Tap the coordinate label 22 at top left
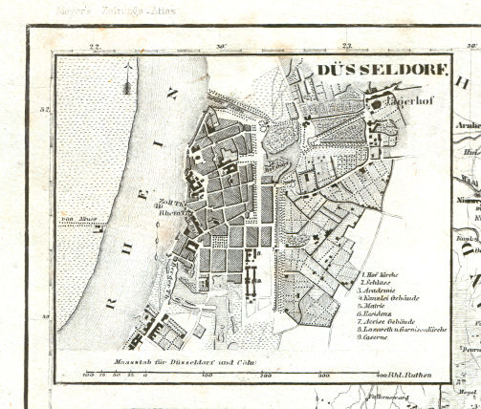tap(95, 46)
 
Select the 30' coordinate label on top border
tap(221, 46)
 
